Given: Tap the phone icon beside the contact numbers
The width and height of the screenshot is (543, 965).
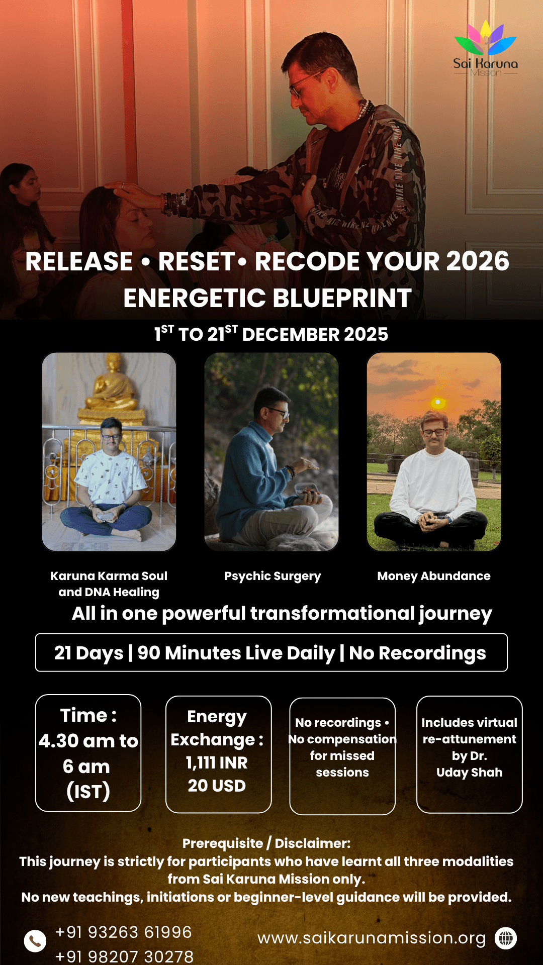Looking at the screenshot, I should (x=35, y=940).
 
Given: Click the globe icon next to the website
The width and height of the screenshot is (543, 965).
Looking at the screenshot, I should (x=506, y=938).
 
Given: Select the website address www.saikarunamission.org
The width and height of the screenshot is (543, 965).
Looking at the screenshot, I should (x=372, y=938).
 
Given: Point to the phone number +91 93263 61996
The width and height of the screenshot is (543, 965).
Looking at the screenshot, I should (x=124, y=932).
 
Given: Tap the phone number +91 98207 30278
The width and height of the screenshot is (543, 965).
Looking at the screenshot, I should (x=124, y=956).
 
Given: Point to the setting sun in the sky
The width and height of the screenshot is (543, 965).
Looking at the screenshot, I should (x=438, y=403).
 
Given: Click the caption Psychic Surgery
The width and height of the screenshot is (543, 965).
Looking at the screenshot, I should (x=273, y=576).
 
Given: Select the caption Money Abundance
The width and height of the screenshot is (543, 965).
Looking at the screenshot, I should (x=434, y=576).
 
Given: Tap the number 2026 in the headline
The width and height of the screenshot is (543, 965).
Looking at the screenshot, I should (x=478, y=261).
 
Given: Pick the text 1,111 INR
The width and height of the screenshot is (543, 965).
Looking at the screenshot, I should (x=217, y=763).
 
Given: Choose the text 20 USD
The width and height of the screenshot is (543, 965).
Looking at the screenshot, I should (x=217, y=786).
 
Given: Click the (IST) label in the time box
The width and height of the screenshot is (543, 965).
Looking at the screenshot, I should (x=88, y=792).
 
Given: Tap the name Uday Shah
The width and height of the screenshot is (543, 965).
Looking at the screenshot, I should (x=470, y=773).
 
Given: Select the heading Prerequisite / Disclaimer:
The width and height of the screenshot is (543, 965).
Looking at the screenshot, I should (x=266, y=843).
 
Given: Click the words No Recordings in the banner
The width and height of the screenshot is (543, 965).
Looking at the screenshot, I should (x=417, y=653).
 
